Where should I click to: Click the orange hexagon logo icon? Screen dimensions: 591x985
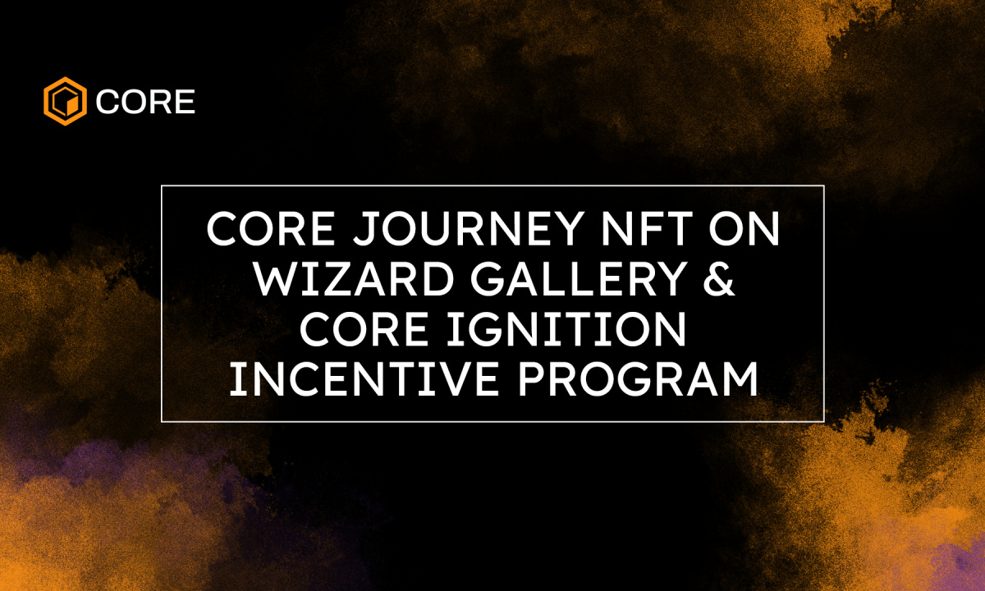click(x=65, y=101)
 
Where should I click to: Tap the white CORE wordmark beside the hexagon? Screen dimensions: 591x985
click(x=145, y=102)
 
